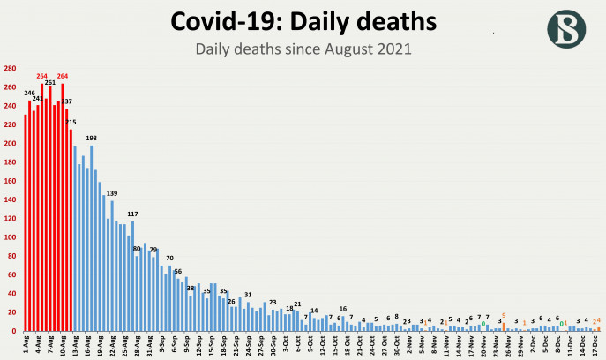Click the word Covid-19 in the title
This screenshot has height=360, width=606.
[x=230, y=22]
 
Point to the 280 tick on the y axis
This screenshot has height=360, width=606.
[x=9, y=69]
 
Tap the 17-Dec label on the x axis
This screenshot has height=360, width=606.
[x=597, y=343]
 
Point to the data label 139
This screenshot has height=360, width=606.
[x=112, y=193]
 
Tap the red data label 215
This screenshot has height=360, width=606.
[x=71, y=122]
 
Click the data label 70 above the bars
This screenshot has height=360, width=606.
[x=169, y=258]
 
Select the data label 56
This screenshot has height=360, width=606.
[x=178, y=271]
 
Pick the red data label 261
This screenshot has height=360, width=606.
[x=50, y=82]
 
